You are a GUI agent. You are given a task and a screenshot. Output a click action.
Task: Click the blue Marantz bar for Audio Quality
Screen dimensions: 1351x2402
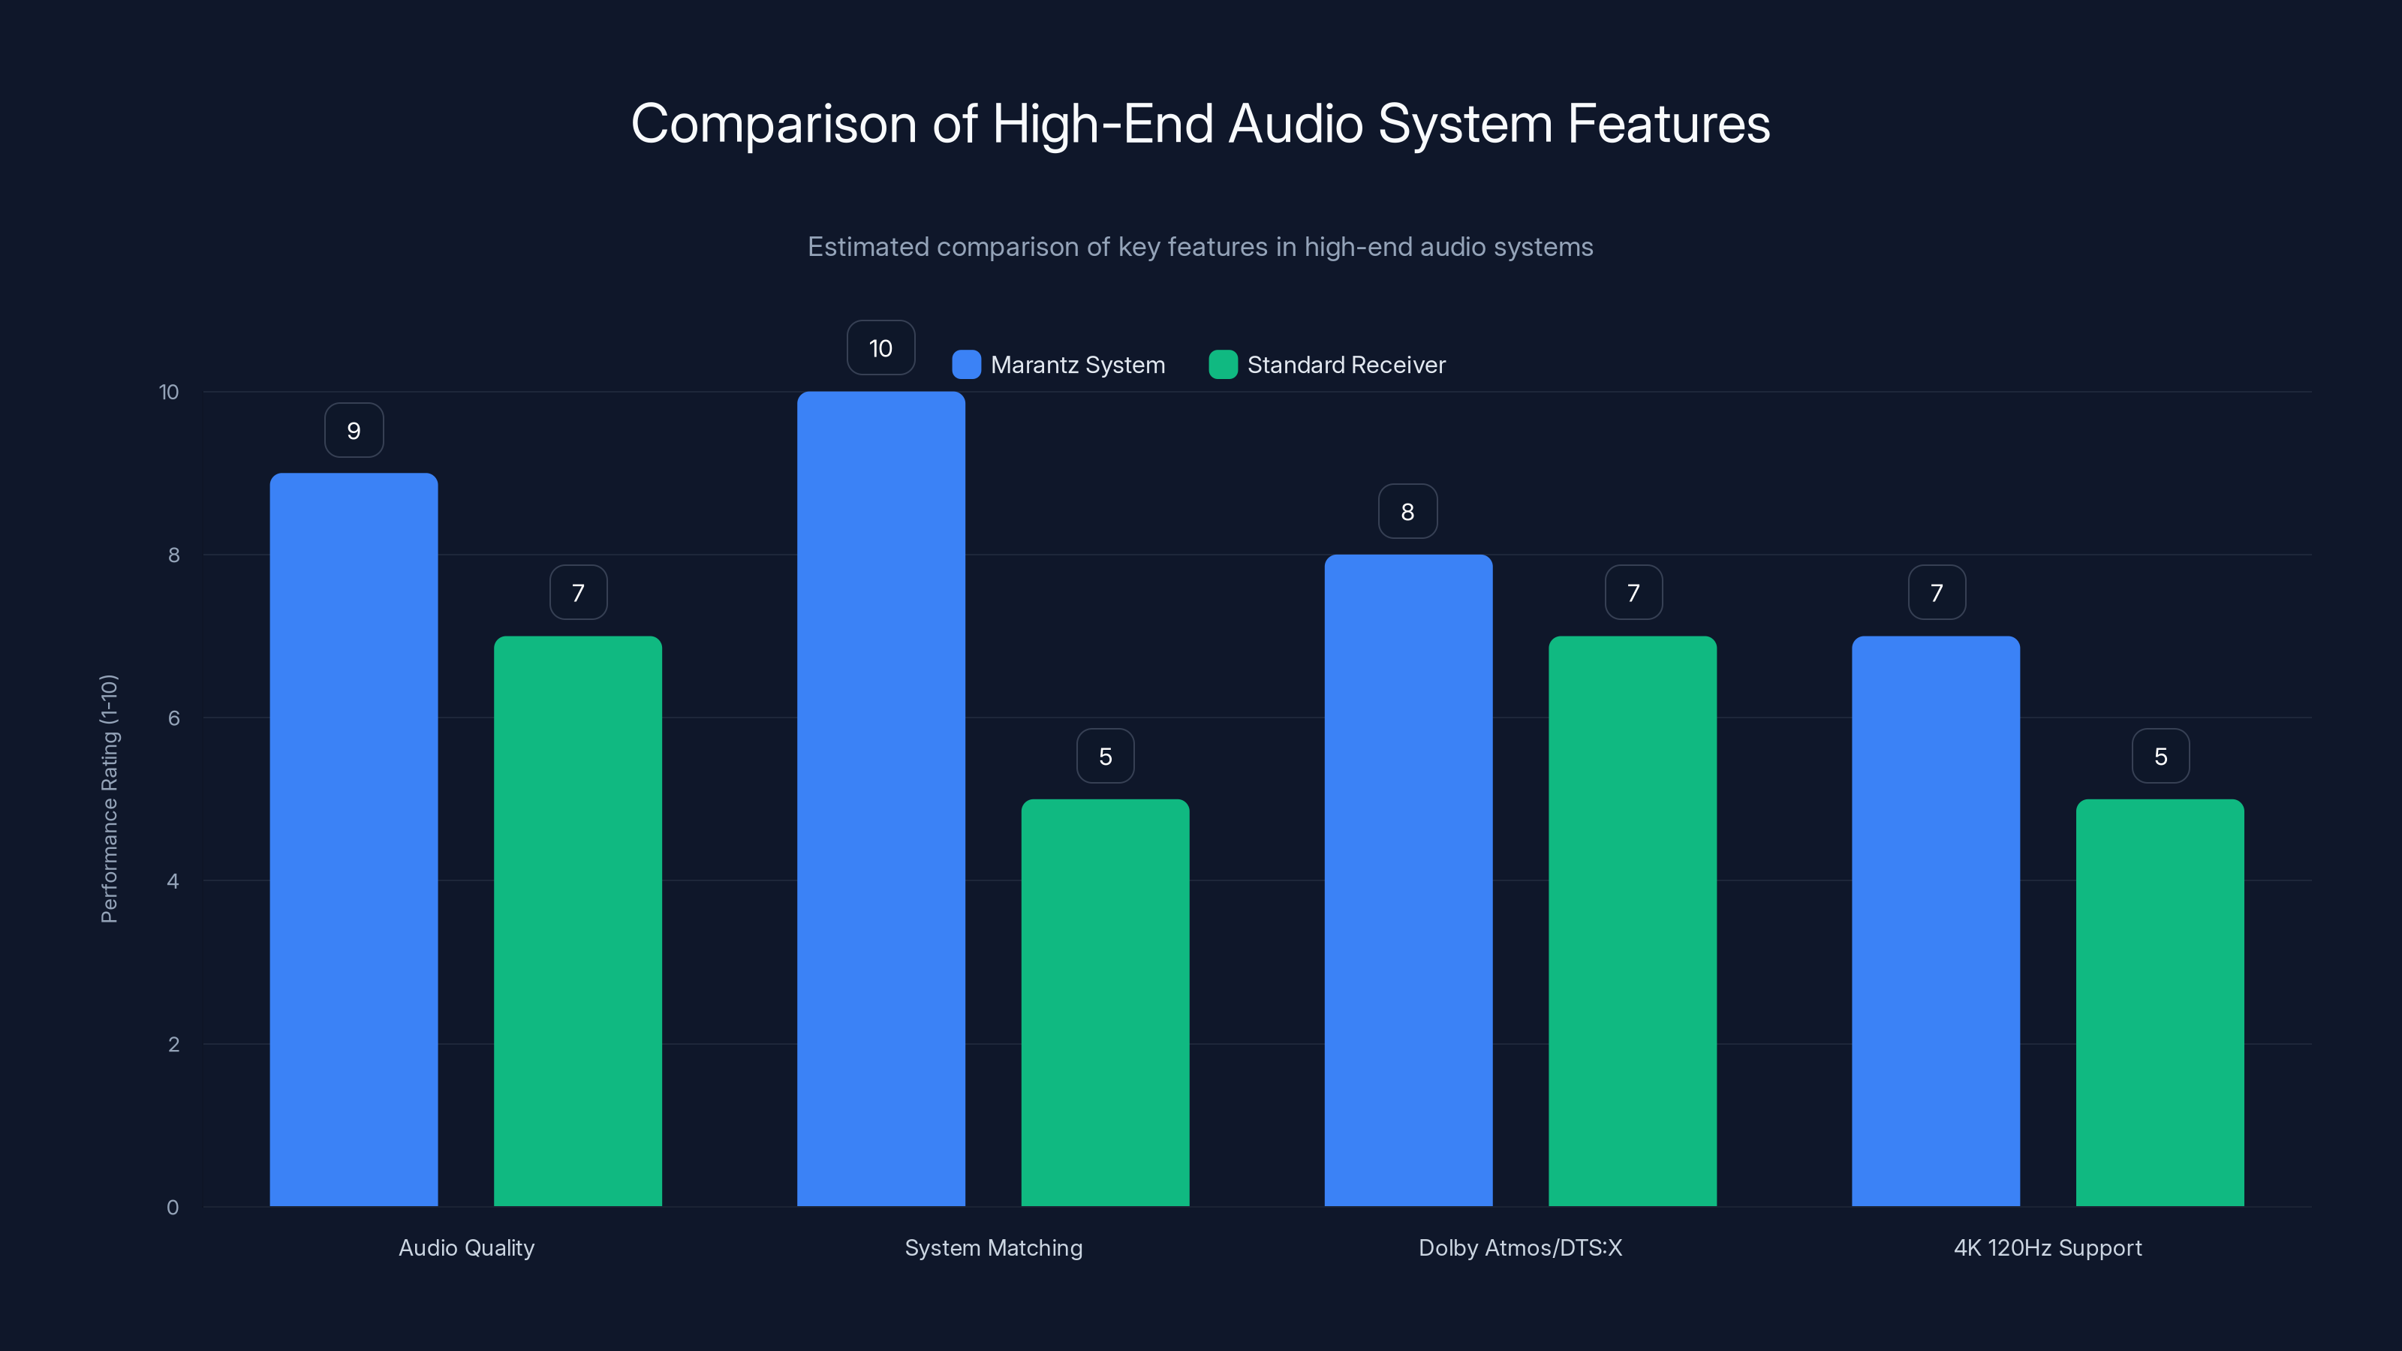coord(354,839)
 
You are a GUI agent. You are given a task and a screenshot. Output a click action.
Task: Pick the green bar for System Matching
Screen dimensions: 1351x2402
coord(1105,1002)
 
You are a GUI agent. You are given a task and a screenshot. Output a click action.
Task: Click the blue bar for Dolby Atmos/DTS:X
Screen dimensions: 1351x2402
coord(1408,880)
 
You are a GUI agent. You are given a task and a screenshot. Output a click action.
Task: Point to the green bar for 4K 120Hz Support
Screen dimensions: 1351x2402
coord(2160,1002)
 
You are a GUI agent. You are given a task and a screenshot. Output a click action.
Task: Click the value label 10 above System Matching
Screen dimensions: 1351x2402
coord(880,348)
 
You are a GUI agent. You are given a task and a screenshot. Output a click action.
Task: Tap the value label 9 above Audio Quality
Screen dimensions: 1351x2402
coord(354,431)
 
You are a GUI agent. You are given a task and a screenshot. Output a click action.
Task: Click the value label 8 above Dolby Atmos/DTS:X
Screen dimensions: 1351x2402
coord(1408,512)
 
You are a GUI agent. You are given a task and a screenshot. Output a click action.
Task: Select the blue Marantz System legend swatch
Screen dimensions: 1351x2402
coord(966,365)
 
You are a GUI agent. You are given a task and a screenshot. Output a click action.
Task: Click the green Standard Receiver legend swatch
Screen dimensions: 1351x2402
coord(1223,365)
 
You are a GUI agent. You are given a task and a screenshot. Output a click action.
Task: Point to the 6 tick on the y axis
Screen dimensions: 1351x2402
coord(173,718)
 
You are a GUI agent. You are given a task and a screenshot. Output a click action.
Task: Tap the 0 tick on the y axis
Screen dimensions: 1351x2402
coord(173,1208)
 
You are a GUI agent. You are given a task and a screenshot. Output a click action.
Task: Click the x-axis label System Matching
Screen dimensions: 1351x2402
coord(993,1247)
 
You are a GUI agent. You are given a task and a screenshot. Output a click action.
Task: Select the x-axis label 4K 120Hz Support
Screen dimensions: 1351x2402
coord(2048,1247)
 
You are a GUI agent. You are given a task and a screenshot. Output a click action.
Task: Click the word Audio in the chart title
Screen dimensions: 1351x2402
coord(1295,124)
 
